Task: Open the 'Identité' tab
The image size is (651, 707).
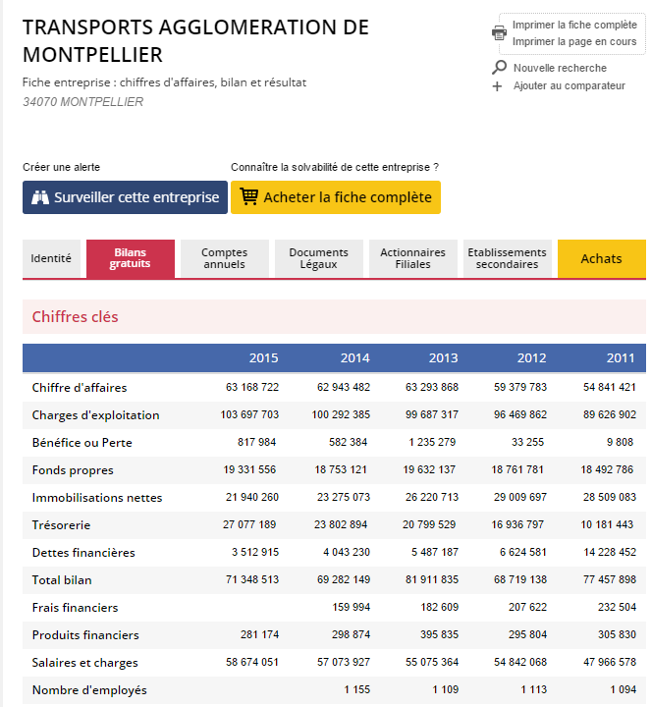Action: click(x=51, y=259)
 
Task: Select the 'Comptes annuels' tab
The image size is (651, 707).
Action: click(x=225, y=259)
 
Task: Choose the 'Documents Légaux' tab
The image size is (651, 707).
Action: click(x=318, y=259)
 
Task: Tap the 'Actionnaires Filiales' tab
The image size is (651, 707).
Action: click(x=412, y=259)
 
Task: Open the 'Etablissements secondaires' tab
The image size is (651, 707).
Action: click(x=507, y=259)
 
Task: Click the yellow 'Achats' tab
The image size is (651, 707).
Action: click(x=601, y=259)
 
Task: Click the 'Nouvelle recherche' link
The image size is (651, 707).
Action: click(x=560, y=68)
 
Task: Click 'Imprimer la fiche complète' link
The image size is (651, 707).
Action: click(x=574, y=25)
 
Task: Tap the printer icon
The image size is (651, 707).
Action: click(x=499, y=32)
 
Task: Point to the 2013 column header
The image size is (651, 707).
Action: click(x=443, y=357)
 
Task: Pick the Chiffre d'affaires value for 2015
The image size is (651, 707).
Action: click(x=251, y=388)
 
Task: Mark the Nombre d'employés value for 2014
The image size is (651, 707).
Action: click(x=356, y=690)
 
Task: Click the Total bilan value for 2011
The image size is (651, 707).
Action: click(x=609, y=580)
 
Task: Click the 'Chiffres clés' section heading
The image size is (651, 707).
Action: click(x=75, y=317)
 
